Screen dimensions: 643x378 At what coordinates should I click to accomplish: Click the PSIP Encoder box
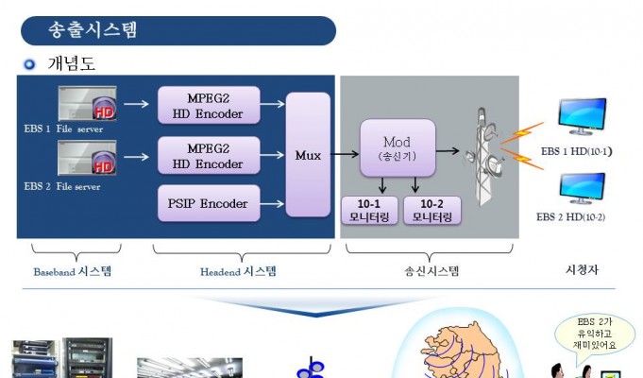(x=209, y=203)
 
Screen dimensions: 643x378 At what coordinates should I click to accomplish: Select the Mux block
(x=308, y=155)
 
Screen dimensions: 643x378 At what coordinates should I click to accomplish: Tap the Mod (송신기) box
(x=398, y=148)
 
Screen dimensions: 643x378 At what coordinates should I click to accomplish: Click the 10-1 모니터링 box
(x=369, y=210)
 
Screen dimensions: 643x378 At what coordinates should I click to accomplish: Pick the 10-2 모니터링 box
(x=432, y=210)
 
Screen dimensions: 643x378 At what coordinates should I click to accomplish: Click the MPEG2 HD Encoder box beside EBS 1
(x=209, y=105)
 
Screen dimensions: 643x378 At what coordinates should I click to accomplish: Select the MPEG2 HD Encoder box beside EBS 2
(x=209, y=156)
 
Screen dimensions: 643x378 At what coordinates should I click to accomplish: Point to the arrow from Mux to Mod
(x=345, y=154)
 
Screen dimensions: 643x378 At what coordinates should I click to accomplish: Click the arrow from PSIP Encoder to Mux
(x=272, y=203)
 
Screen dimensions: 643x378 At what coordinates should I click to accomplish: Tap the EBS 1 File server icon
(x=88, y=103)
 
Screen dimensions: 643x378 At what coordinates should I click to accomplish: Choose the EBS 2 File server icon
(x=88, y=158)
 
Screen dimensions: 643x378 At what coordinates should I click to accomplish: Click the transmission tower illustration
(x=484, y=157)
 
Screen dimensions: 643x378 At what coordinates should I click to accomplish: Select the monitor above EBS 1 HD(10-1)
(x=582, y=116)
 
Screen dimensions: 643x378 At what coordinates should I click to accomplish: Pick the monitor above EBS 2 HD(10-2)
(x=582, y=188)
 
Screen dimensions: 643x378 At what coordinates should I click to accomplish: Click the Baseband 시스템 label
(x=72, y=271)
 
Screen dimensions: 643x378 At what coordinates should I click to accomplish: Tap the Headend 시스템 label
(x=238, y=271)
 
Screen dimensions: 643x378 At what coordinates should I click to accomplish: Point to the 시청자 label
(x=582, y=269)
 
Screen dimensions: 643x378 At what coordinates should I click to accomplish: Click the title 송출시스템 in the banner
(x=93, y=29)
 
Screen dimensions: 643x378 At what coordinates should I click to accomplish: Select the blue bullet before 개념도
(x=29, y=64)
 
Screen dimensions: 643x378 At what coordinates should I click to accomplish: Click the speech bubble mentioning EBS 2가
(x=595, y=335)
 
